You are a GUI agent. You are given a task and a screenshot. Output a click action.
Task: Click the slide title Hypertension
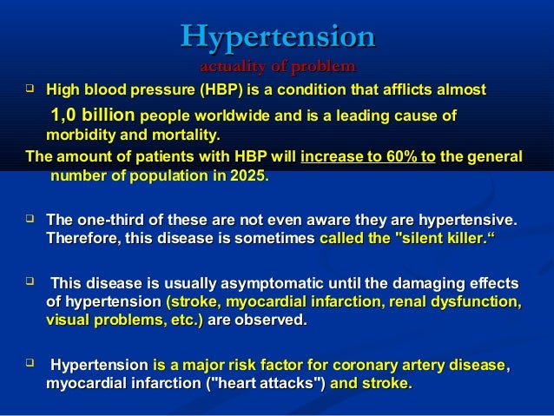277,37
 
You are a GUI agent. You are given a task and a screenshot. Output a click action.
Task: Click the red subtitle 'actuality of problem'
277,66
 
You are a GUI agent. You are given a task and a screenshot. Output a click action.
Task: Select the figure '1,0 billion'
92,116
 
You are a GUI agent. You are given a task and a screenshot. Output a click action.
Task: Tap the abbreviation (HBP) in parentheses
221,89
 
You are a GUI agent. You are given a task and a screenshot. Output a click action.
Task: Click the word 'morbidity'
76,136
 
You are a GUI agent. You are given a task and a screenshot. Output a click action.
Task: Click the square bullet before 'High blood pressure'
30,89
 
